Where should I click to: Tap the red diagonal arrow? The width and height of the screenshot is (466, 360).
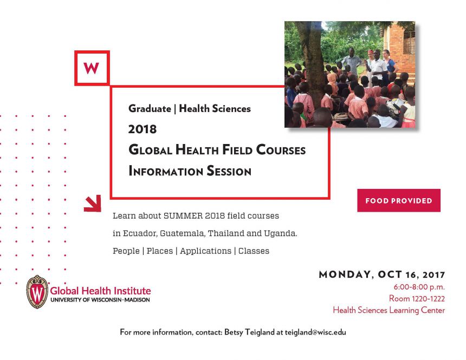pyautogui.click(x=93, y=204)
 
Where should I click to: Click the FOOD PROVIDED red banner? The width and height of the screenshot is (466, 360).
pyautogui.click(x=398, y=200)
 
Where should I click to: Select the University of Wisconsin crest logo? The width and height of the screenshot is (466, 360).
pyautogui.click(x=37, y=292)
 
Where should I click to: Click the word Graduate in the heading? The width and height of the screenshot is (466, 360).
pyautogui.click(x=150, y=109)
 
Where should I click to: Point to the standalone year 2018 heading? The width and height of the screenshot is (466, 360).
pyautogui.click(x=143, y=129)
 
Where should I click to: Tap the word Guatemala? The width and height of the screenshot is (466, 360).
pyautogui.click(x=182, y=233)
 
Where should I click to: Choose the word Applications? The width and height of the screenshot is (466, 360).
pyautogui.click(x=205, y=251)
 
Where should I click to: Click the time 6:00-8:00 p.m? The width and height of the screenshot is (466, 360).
pyautogui.click(x=419, y=287)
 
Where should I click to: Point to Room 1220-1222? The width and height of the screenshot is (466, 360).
pyautogui.click(x=417, y=298)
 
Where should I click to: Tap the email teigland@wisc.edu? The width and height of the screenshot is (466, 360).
pyautogui.click(x=315, y=332)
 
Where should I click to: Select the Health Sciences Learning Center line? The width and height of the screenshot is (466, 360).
pyautogui.click(x=389, y=310)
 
